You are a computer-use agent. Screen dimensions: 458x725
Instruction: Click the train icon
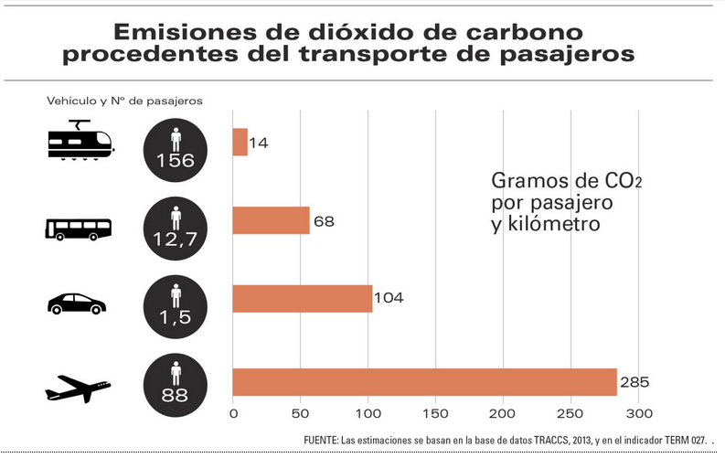tap(80, 142)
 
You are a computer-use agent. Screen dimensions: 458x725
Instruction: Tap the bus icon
tap(79, 228)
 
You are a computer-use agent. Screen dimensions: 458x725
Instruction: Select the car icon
tap(77, 304)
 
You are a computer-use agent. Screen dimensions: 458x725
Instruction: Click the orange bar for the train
tap(240, 142)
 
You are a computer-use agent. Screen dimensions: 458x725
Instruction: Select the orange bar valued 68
tap(272, 220)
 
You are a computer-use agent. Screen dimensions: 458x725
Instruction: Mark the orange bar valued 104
tap(303, 299)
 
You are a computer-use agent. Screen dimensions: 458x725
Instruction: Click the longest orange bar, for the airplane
tap(425, 382)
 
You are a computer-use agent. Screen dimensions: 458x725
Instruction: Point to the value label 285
tap(635, 382)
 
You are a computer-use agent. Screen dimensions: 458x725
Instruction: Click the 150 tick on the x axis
tap(436, 413)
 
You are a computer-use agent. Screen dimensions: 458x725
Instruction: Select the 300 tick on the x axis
tap(638, 413)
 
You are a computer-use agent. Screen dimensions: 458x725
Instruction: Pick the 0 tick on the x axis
tap(234, 413)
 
